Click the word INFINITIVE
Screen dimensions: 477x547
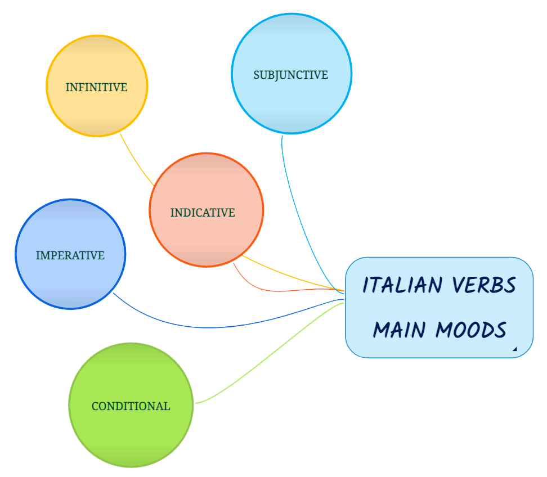(96, 87)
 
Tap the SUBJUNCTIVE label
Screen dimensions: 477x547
(290, 75)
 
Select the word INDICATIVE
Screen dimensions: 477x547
(203, 213)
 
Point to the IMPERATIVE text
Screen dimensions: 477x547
(70, 255)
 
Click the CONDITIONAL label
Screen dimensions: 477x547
(131, 406)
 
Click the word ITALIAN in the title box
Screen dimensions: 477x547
(402, 285)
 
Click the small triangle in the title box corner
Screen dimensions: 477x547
(514, 349)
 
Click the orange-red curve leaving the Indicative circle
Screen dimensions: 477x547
(264, 290)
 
